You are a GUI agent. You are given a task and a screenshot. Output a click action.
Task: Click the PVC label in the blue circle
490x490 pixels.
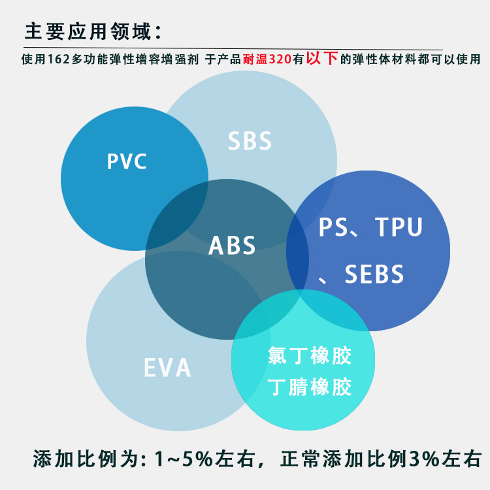point(127,161)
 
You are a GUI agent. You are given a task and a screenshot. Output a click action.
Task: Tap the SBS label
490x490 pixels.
point(250,141)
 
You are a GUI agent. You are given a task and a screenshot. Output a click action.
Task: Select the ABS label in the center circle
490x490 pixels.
point(232,246)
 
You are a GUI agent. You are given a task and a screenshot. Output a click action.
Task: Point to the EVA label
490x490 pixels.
point(167,368)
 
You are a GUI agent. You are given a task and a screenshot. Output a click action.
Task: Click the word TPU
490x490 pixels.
point(399,227)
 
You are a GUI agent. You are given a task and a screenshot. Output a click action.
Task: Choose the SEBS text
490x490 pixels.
point(374,274)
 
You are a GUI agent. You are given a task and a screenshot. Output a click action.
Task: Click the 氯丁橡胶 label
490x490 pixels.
point(310,356)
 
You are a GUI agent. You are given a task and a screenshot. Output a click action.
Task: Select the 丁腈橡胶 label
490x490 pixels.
point(310,387)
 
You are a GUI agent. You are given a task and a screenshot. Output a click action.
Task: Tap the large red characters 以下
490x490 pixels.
point(321,57)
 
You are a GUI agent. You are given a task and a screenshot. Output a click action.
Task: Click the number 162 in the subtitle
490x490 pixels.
point(60,59)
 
